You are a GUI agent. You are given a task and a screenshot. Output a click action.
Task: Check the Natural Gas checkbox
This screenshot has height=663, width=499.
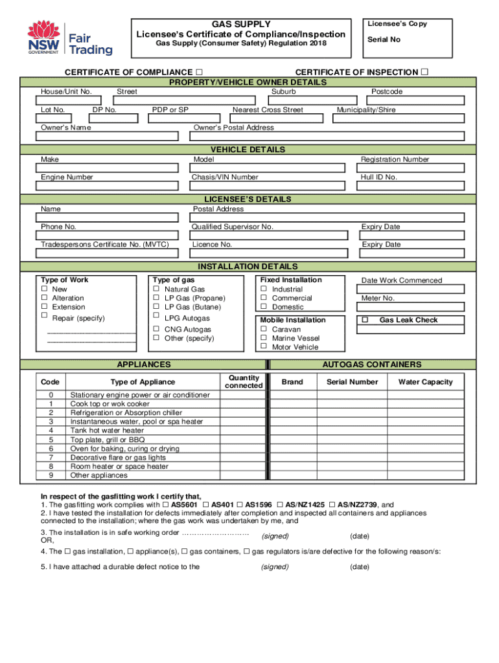point(156,289)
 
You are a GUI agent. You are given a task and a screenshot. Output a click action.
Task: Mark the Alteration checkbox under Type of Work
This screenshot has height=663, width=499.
point(45,298)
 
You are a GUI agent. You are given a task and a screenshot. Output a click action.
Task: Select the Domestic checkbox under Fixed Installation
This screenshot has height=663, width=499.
point(264,307)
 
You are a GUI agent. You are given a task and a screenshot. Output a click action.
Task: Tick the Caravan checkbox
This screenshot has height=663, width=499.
point(264,329)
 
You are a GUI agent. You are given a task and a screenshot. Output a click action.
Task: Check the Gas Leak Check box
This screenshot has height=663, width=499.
point(365,320)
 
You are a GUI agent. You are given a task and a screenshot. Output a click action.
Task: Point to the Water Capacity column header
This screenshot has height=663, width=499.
point(425,382)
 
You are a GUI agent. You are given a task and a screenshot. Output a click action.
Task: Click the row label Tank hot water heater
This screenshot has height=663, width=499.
point(107,431)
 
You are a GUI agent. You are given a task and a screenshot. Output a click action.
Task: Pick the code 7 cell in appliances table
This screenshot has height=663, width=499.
point(51,458)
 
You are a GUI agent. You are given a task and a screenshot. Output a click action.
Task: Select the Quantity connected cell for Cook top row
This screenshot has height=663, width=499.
point(243,404)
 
